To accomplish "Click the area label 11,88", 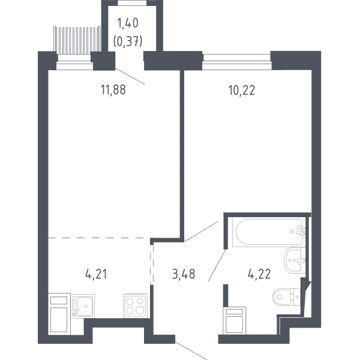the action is click(113, 89).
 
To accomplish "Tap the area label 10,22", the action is click(242, 90).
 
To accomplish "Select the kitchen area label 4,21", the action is click(96, 274).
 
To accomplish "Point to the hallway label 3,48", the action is click(184, 274).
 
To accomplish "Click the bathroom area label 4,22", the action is click(259, 274).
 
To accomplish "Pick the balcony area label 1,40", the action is click(128, 23).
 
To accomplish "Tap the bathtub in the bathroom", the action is click(269, 232).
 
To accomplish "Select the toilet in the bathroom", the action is click(286, 297).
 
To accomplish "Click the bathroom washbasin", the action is click(295, 260).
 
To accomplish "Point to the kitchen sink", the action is click(83, 306).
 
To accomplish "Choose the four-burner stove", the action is click(135, 306).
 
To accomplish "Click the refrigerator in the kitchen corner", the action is click(59, 314).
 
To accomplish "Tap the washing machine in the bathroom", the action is click(234, 320).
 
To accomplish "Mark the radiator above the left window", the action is click(77, 39).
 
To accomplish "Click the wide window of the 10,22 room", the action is click(236, 62).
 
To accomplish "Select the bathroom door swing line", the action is click(217, 265).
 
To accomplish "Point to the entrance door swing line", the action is click(191, 351).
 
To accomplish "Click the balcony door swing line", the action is click(130, 76).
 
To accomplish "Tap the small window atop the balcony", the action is click(132, 3).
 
